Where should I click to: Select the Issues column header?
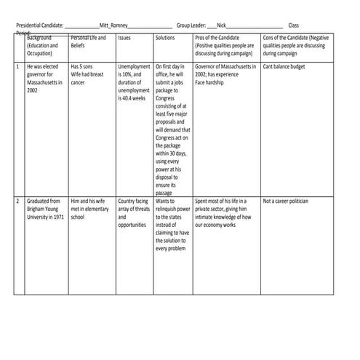coord(124,37)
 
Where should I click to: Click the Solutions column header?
coord(166,37)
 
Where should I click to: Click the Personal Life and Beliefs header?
coord(88,41)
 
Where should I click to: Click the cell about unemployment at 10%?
coord(134,82)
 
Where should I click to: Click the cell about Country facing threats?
coord(134,212)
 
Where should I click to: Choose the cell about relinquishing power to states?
coord(173,224)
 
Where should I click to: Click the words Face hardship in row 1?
coord(214,82)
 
